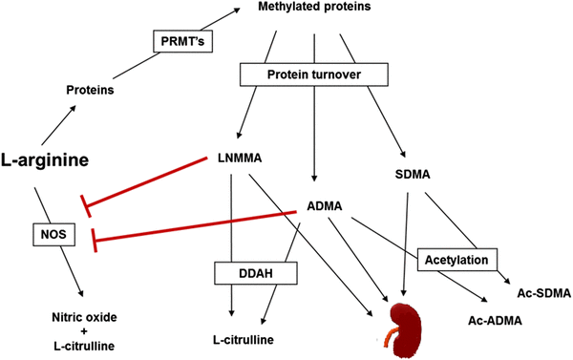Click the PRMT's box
pos(180,42)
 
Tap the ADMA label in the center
pos(324,205)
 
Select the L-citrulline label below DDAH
pos(244,340)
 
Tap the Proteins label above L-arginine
pos(90,90)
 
